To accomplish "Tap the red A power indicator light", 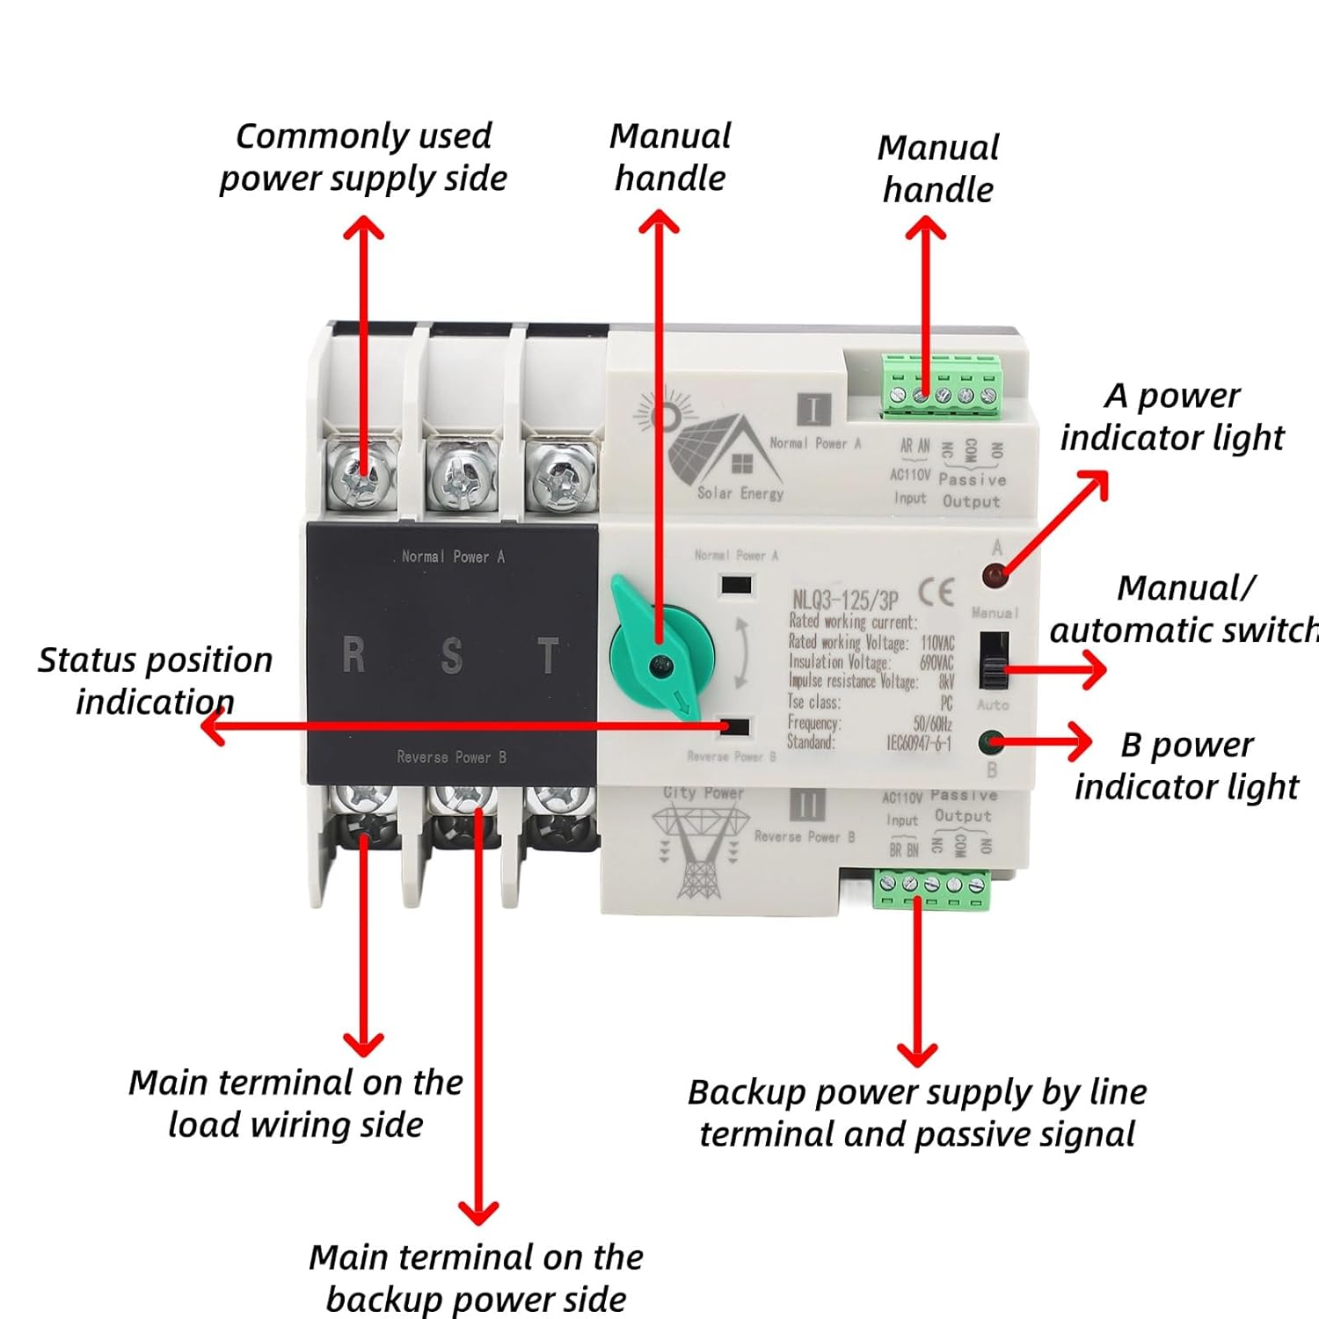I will click(x=995, y=577).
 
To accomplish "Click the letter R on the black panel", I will click(x=353, y=655).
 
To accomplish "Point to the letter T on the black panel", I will click(x=548, y=656).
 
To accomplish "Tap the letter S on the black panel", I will click(x=451, y=656).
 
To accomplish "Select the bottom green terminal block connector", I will click(x=932, y=888).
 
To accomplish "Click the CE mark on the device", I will click(x=936, y=593).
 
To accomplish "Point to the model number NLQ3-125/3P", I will click(x=845, y=601).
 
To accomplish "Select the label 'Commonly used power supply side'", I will click(x=363, y=157).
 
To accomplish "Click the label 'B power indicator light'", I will click(x=1186, y=765).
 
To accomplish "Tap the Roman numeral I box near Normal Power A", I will click(x=813, y=410).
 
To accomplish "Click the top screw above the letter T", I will click(x=559, y=475).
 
